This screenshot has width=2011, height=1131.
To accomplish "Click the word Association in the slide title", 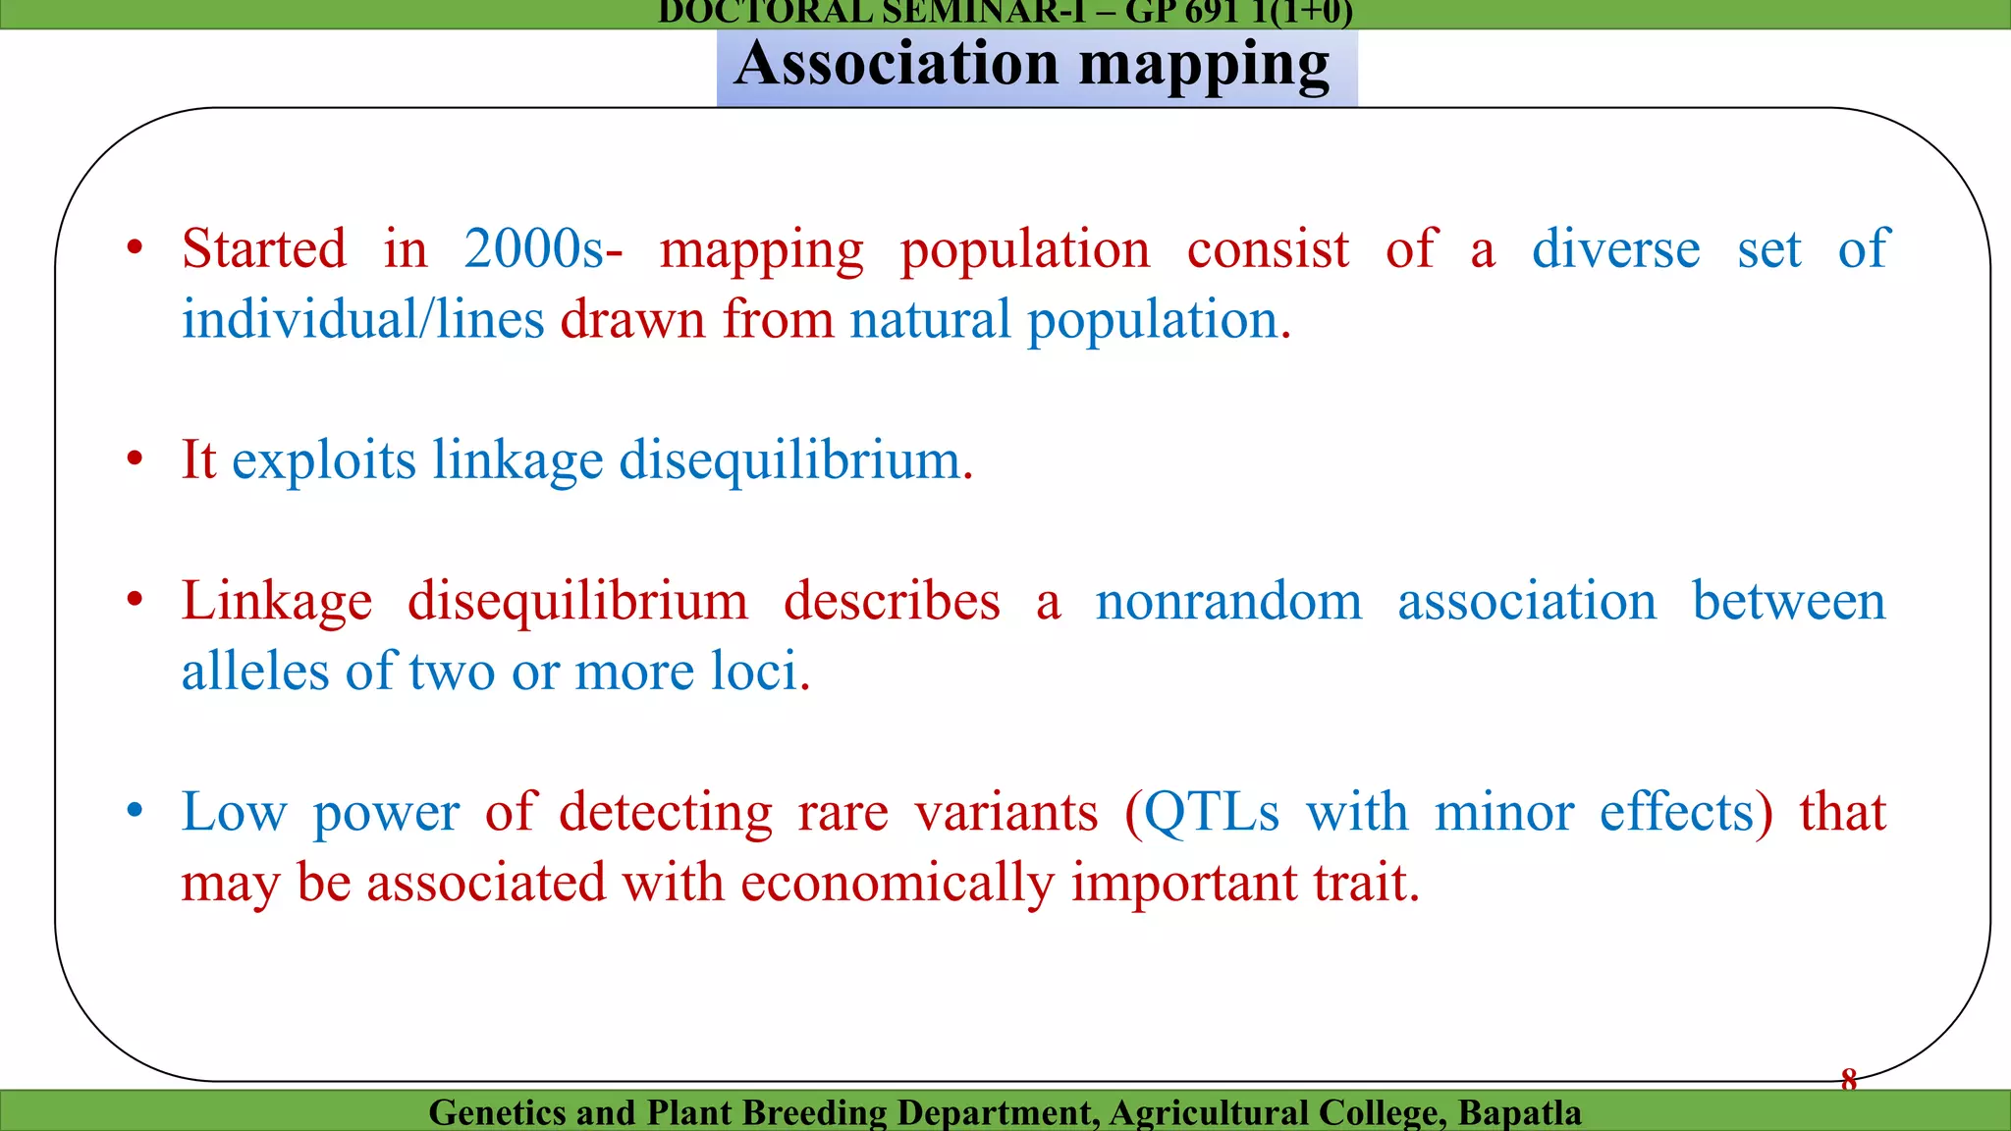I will click(897, 65).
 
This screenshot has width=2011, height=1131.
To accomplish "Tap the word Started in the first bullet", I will click(264, 248).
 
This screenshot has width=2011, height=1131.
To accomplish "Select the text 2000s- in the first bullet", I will click(543, 248).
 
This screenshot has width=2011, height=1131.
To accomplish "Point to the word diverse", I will click(1615, 248).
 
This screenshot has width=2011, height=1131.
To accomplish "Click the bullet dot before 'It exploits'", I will click(136, 458).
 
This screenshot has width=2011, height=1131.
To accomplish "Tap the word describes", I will click(892, 601).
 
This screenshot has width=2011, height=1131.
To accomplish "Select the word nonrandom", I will click(1228, 601).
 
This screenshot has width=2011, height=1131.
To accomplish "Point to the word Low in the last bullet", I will click(234, 812).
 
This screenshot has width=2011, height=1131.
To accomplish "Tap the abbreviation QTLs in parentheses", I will click(1212, 812).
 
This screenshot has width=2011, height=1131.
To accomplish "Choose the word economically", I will click(897, 883).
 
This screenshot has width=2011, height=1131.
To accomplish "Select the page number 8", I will click(1849, 1080).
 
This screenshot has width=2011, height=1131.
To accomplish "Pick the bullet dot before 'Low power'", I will click(136, 811).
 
